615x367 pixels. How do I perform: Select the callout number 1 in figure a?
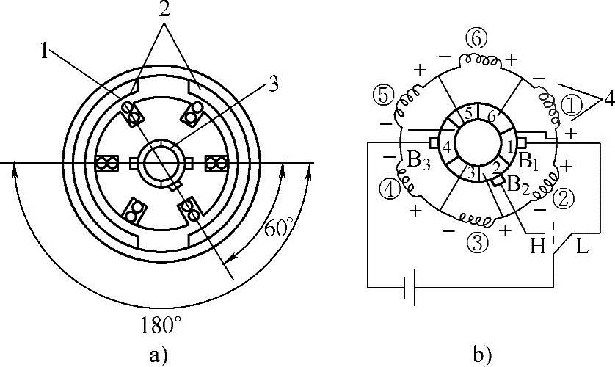pos(45,51)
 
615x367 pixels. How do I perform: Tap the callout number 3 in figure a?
pos(273,84)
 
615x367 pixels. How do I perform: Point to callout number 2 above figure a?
pos(164,10)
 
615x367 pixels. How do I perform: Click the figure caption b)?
pos(482,354)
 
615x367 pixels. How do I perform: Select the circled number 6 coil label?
pos(476,40)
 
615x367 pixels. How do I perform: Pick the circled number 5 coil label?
pos(383,95)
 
